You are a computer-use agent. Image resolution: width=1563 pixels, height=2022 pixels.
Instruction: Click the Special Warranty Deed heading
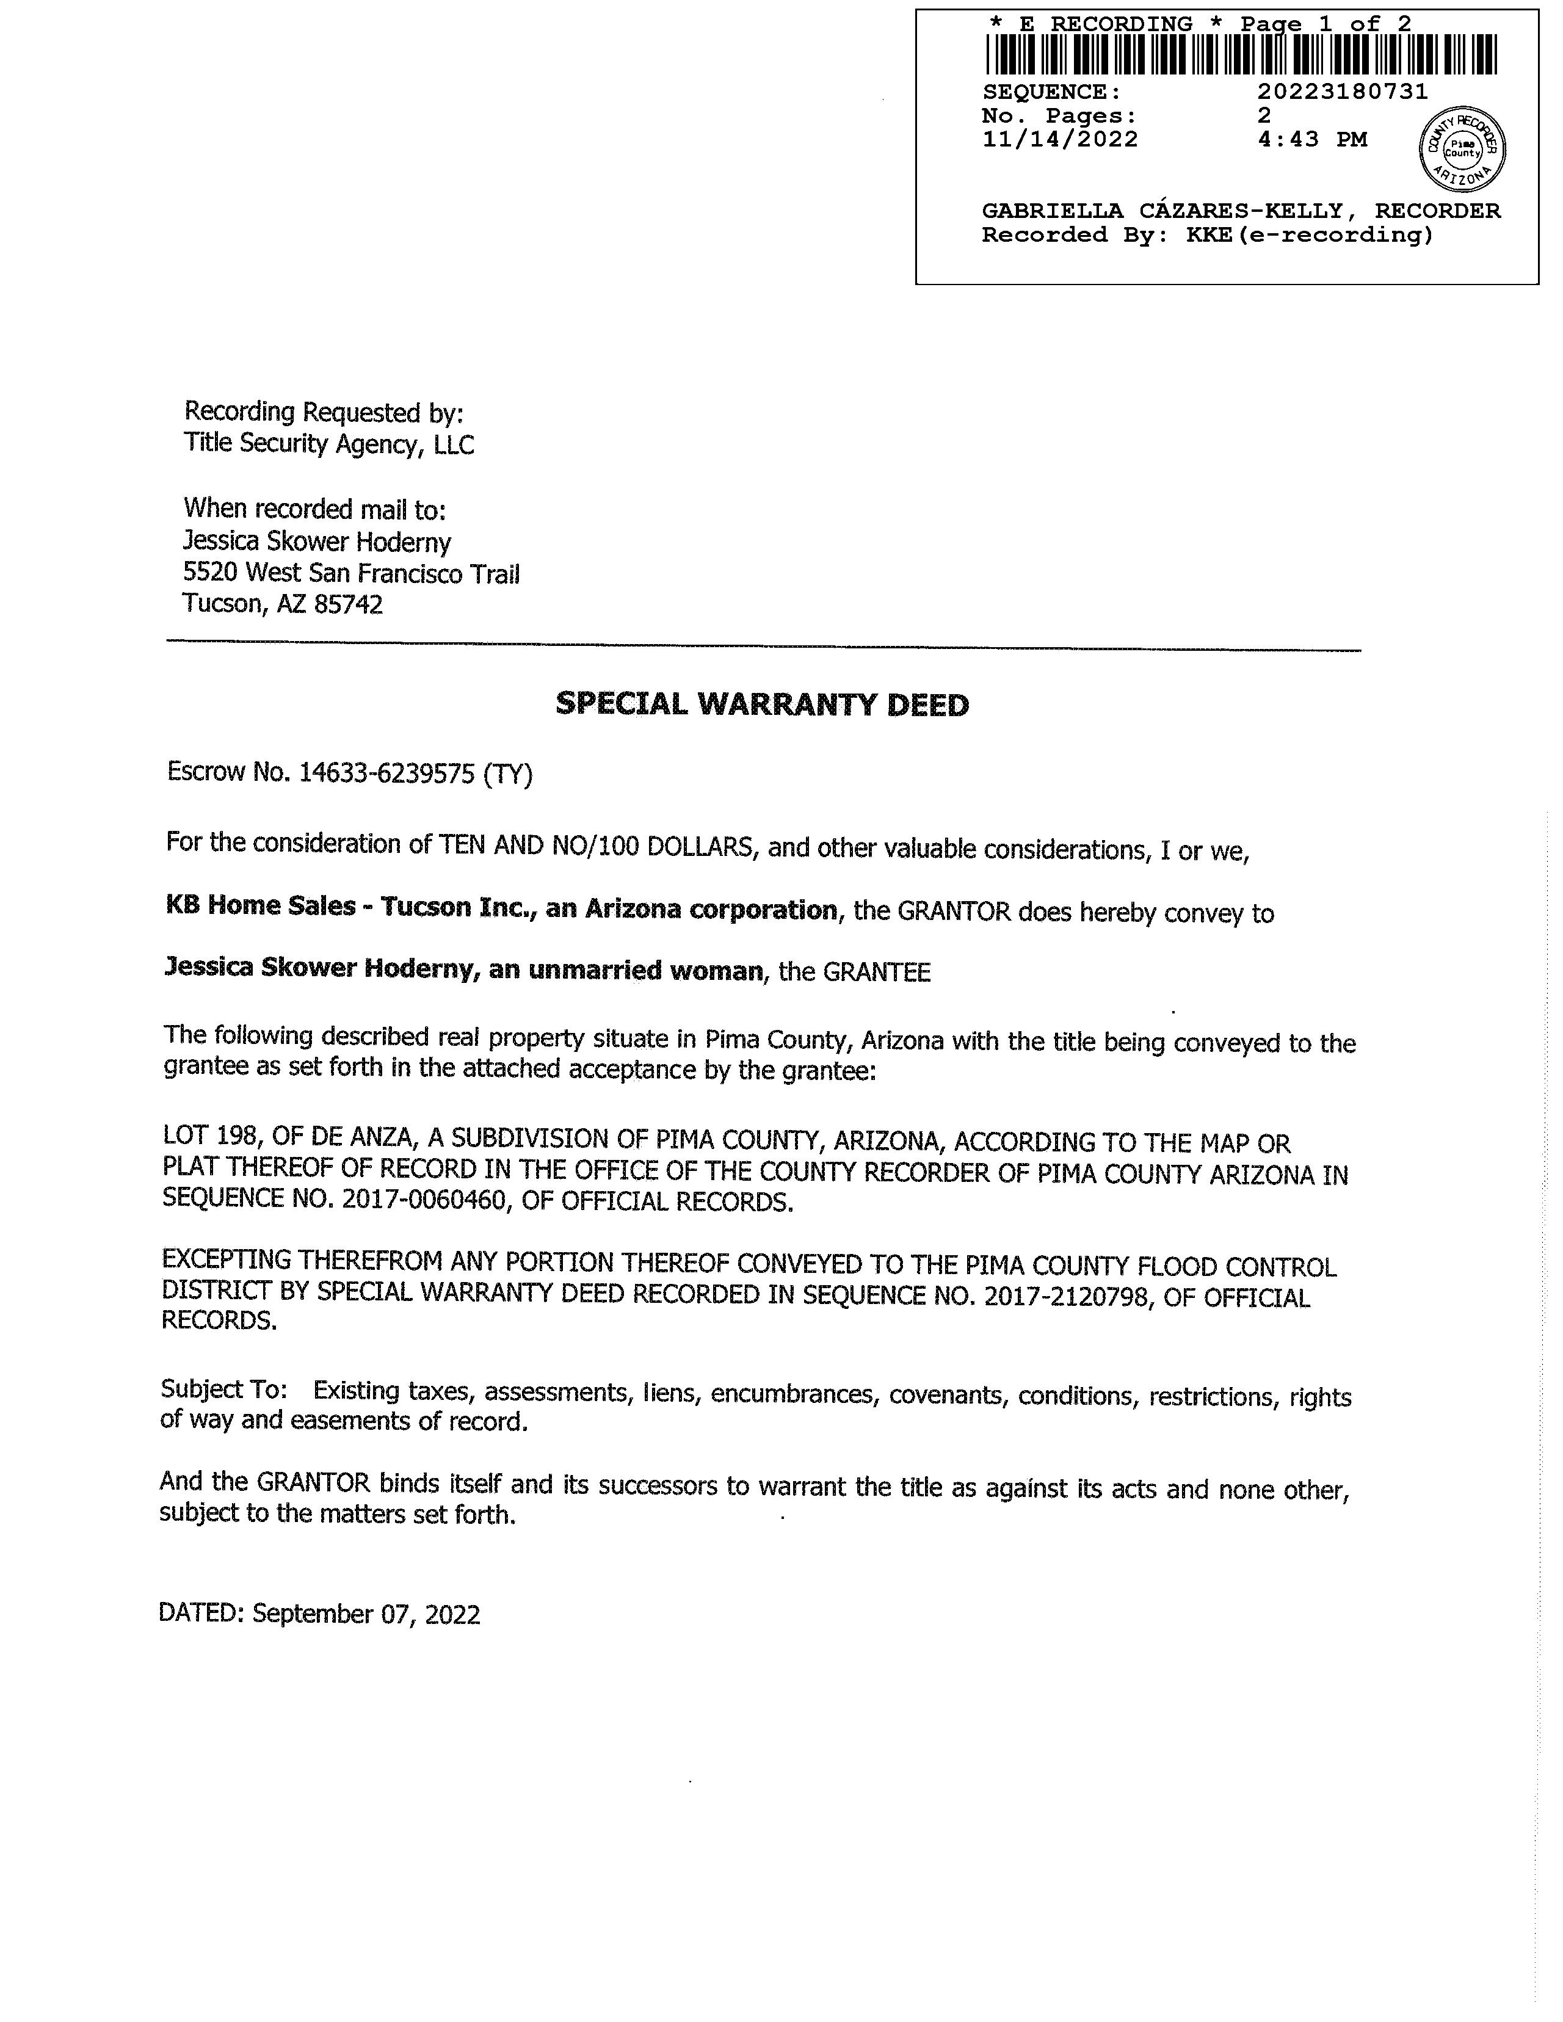pyautogui.click(x=761, y=705)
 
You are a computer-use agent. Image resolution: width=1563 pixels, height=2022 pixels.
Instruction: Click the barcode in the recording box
pyautogui.click(x=1241, y=54)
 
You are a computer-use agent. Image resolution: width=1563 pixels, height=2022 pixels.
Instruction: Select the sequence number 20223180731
pyautogui.click(x=1343, y=92)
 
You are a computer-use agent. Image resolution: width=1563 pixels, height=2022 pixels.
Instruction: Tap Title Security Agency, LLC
pyautogui.click(x=328, y=444)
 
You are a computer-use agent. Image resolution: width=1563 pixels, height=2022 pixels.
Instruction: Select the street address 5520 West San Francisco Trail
pyautogui.click(x=352, y=573)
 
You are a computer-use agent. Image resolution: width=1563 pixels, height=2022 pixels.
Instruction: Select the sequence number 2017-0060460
pyautogui.click(x=427, y=1201)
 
